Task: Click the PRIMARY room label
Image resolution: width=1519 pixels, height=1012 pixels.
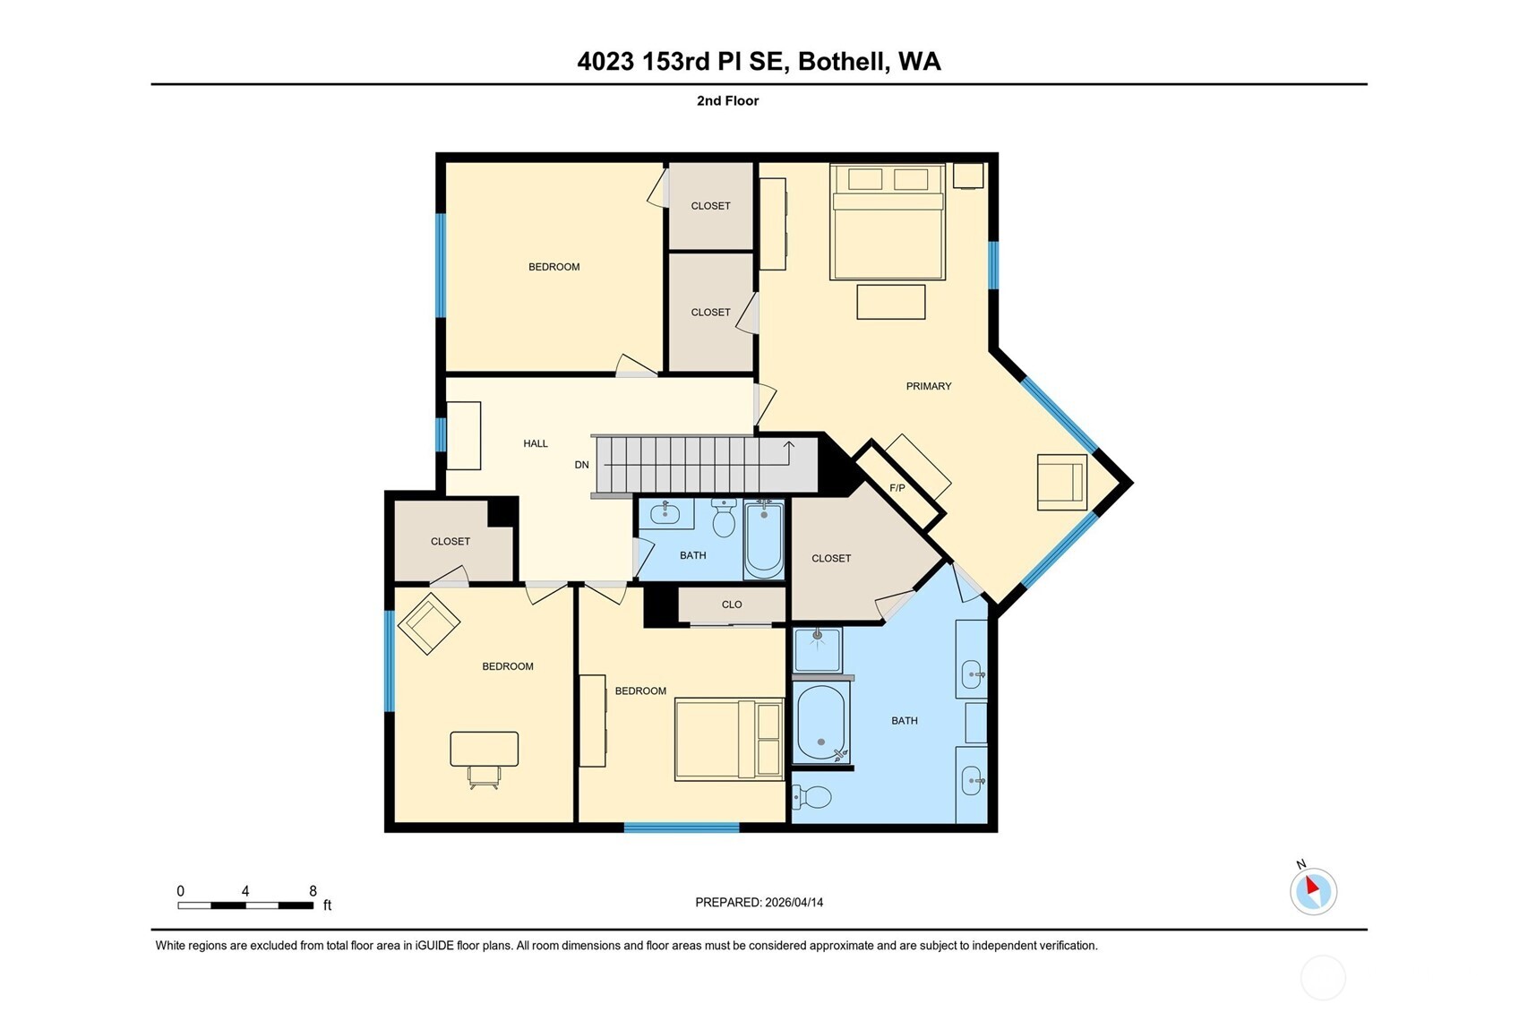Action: (928, 386)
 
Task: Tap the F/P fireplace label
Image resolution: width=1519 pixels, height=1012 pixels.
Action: (897, 488)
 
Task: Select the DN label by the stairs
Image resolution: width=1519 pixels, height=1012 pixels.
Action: (581, 465)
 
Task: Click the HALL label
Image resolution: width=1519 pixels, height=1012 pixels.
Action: (536, 443)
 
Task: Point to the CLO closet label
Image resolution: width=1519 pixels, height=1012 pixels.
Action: (732, 605)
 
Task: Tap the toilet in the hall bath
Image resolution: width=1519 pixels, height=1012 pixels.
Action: (724, 517)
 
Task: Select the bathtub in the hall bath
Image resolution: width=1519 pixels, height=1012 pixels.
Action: (764, 540)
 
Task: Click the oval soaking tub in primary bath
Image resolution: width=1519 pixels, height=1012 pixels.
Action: (820, 723)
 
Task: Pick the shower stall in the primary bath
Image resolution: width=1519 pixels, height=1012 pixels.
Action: (817, 650)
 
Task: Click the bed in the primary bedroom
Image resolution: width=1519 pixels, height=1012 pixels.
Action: (888, 223)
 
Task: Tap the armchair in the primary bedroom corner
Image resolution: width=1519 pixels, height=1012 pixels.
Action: (1062, 482)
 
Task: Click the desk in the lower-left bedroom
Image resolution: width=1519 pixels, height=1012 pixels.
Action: (484, 749)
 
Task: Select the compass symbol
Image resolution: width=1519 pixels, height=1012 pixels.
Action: (1313, 891)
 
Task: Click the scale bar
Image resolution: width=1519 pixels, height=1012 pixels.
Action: (245, 905)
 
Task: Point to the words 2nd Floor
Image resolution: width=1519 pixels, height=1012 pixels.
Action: (727, 100)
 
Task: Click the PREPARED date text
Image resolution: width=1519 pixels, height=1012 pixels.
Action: (759, 902)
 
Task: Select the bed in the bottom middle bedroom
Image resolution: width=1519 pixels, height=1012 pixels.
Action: (729, 740)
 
